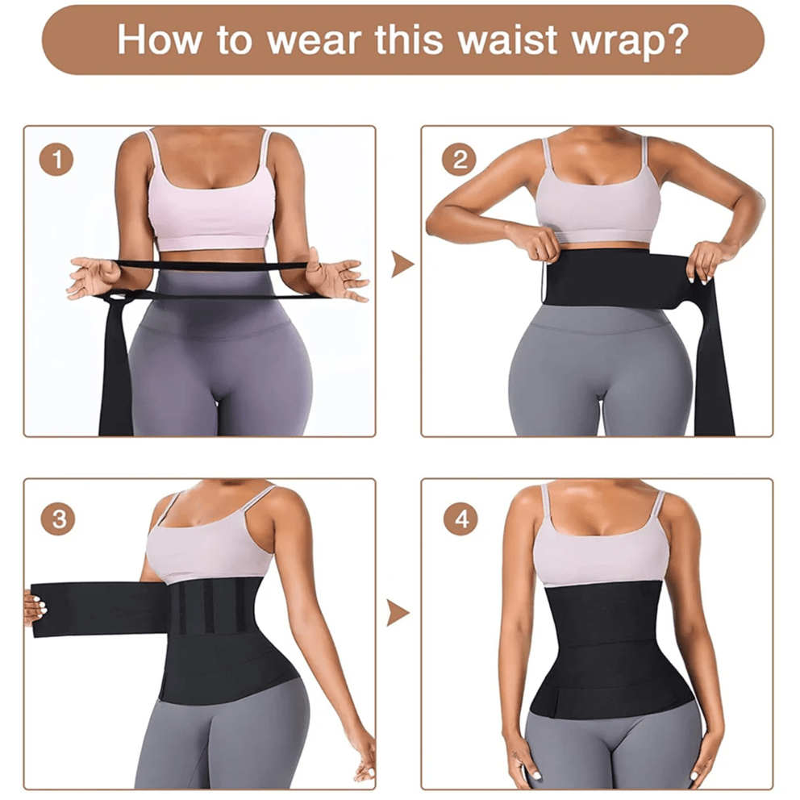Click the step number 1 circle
(x=56, y=160)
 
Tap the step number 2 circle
(x=460, y=160)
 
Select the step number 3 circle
(x=58, y=519)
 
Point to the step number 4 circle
(x=460, y=519)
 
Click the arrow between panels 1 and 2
(x=401, y=264)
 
